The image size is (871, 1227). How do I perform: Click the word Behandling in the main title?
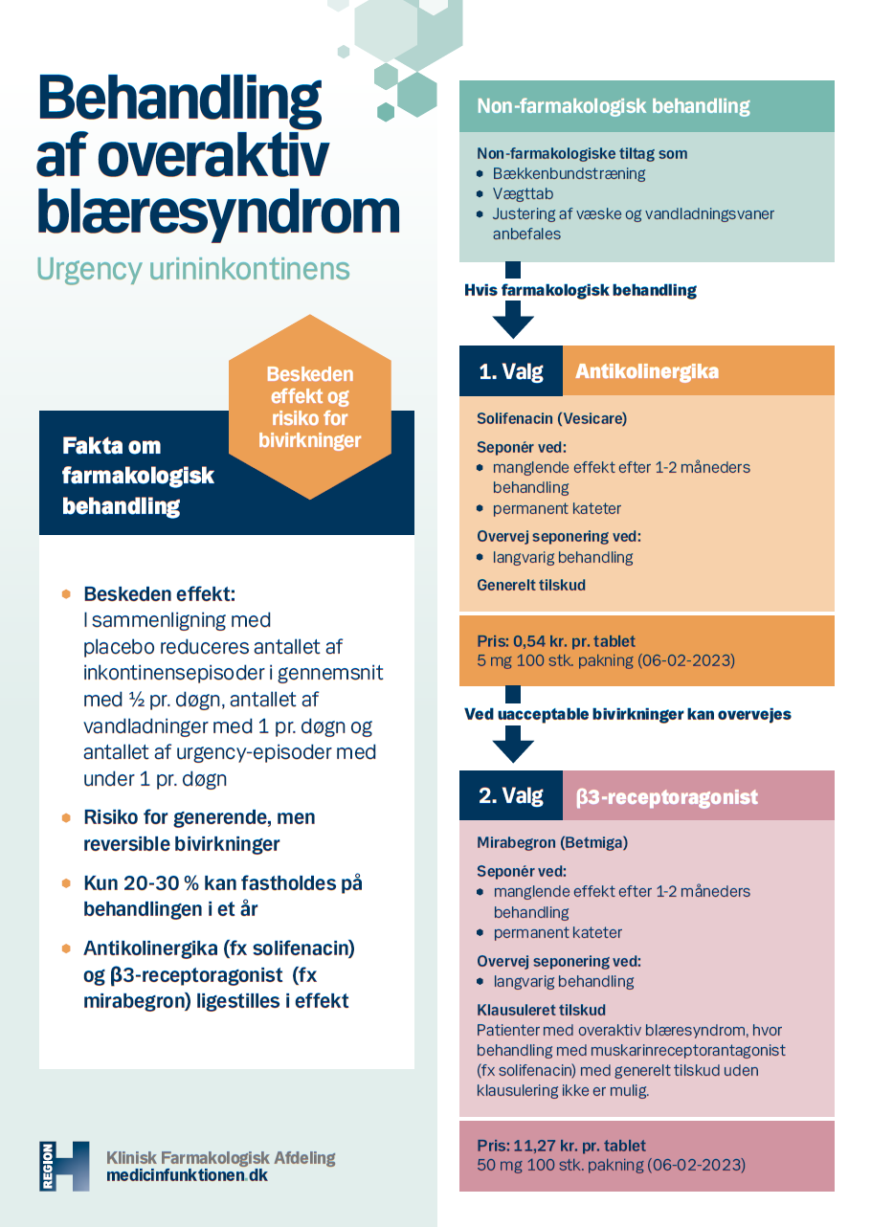point(179,100)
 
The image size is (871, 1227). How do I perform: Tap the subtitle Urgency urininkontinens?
point(192,269)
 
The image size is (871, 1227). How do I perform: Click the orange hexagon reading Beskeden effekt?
point(309,407)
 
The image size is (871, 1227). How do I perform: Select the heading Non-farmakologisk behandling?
point(613,106)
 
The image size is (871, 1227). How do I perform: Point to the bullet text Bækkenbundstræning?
point(569,174)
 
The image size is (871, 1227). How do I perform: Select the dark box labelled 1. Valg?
point(511,371)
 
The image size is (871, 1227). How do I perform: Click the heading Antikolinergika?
point(646,371)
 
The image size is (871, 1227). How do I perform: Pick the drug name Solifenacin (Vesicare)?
point(551,419)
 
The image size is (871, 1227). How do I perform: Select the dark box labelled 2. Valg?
point(511,796)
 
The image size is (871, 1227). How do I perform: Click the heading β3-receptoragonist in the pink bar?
point(666,796)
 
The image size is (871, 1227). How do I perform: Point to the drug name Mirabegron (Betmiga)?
point(552,843)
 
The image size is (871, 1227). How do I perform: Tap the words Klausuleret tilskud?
point(541,1010)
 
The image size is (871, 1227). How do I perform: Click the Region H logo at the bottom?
point(64,1166)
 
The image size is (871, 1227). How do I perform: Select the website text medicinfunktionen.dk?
point(187,1175)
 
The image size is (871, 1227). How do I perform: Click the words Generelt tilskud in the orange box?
point(531,585)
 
